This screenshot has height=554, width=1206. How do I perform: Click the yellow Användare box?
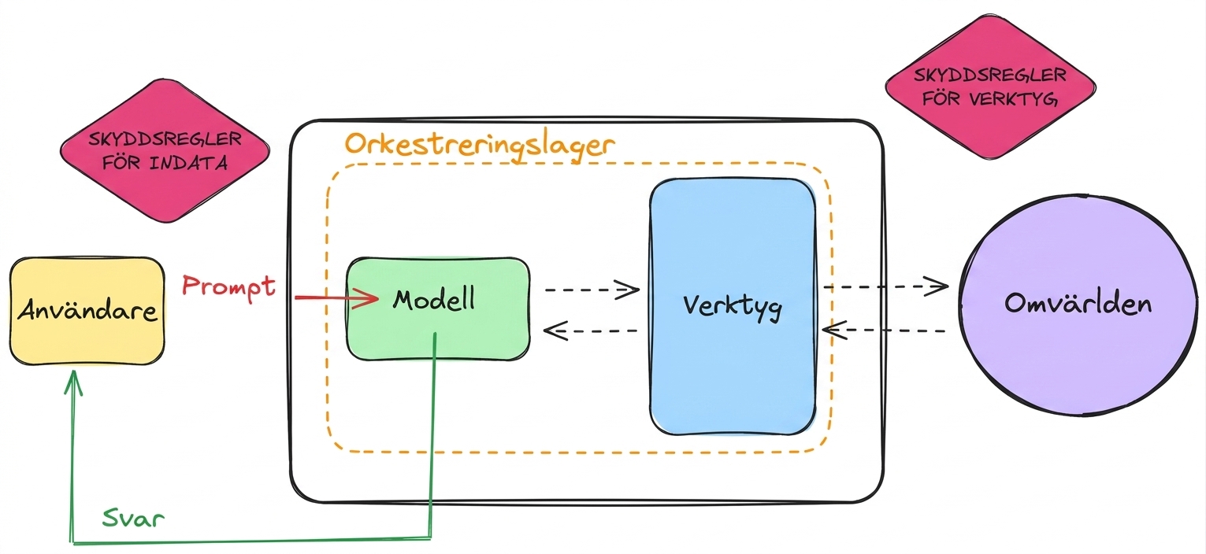[87, 311]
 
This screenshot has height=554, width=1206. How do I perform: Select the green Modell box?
[438, 308]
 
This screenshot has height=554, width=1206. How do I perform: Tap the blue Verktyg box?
[733, 307]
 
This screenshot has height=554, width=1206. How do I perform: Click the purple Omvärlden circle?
[1078, 305]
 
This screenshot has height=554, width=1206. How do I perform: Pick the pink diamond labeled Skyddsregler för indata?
[165, 150]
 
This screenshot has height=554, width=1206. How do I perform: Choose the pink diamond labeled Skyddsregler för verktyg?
[991, 87]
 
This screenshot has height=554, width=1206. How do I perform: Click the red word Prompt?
[228, 286]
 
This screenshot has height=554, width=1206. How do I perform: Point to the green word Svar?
[133, 518]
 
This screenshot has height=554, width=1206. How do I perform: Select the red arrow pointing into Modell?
[336, 297]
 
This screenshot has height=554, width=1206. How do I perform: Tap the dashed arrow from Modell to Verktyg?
[592, 290]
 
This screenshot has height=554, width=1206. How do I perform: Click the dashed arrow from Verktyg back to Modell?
[591, 331]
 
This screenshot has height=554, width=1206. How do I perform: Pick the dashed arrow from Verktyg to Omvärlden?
[885, 286]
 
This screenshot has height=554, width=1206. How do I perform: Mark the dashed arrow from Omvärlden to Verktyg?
[884, 330]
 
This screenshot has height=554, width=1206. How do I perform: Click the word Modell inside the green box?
[434, 300]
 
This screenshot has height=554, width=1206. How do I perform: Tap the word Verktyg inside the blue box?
[733, 307]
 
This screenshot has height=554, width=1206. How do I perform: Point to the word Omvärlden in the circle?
[1078, 303]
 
